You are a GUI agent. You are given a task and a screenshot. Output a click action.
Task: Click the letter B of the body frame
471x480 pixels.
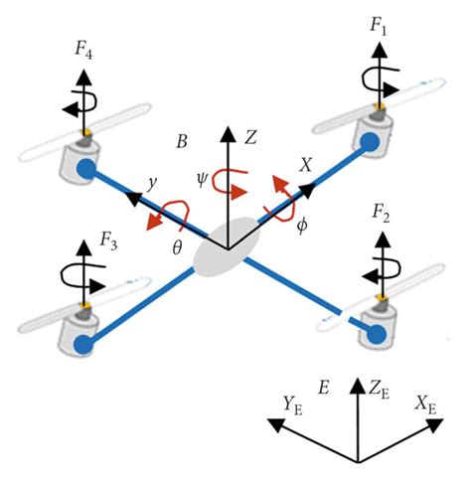pos(182,142)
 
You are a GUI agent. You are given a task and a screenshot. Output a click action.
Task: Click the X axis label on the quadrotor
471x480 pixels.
pos(306,164)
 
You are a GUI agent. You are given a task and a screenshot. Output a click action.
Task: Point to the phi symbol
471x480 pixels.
pos(302,225)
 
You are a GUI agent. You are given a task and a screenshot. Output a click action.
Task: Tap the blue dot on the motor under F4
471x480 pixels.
pos(86,171)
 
